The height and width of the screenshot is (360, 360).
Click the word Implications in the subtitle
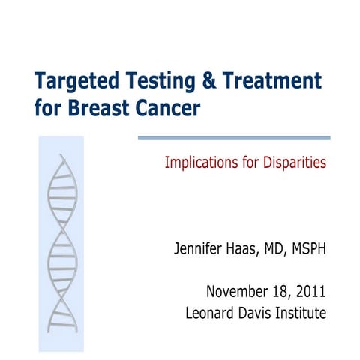198,163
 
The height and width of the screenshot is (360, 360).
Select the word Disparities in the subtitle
293,163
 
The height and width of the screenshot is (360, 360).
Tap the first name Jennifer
199,248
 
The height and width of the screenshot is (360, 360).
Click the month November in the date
236,292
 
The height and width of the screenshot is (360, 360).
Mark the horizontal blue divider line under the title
234,138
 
